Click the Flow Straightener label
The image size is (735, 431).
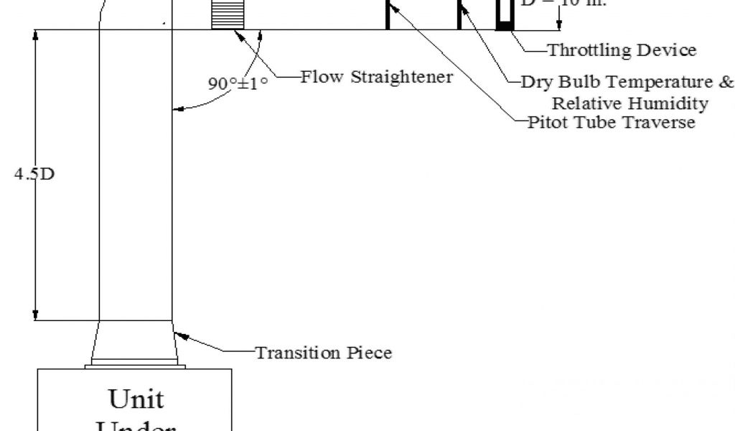(x=376, y=77)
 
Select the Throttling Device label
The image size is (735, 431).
(x=622, y=50)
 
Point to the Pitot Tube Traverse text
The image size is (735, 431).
(x=612, y=122)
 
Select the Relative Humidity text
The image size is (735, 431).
(x=629, y=103)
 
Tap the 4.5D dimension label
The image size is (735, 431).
(x=34, y=175)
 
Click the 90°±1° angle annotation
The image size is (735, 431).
(x=238, y=83)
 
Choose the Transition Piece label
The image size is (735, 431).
(x=324, y=353)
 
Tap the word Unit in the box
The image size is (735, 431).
(x=136, y=398)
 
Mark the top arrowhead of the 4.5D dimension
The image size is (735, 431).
(x=34, y=37)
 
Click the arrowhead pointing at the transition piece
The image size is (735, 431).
(x=180, y=335)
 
